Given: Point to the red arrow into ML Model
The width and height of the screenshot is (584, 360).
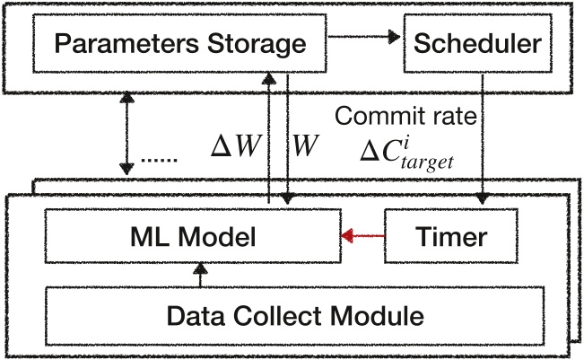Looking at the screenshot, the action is (x=362, y=235).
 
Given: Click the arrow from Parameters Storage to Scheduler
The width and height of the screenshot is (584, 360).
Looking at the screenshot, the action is (x=364, y=37).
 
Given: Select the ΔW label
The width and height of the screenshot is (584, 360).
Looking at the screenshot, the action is (x=236, y=145).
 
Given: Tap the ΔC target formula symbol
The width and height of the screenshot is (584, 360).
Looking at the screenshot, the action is (x=406, y=155).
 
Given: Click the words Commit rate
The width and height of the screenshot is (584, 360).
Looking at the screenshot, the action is (x=405, y=116).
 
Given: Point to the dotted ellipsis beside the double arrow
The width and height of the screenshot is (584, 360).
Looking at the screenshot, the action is (x=159, y=160).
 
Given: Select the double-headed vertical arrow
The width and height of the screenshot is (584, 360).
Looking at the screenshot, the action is (x=127, y=133).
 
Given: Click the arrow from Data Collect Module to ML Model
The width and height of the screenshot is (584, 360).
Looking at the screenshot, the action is (x=200, y=275).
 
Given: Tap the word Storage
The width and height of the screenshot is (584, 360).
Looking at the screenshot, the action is (x=257, y=44).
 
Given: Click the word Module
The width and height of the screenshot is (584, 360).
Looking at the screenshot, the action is (x=377, y=316).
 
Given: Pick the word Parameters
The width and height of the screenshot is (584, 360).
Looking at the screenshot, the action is (x=126, y=43).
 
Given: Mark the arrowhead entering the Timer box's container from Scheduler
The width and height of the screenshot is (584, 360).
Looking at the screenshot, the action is (x=483, y=198).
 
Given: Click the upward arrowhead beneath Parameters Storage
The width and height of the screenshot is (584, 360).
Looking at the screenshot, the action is (x=269, y=78).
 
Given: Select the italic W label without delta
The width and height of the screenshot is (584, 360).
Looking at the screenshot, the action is (x=305, y=145).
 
